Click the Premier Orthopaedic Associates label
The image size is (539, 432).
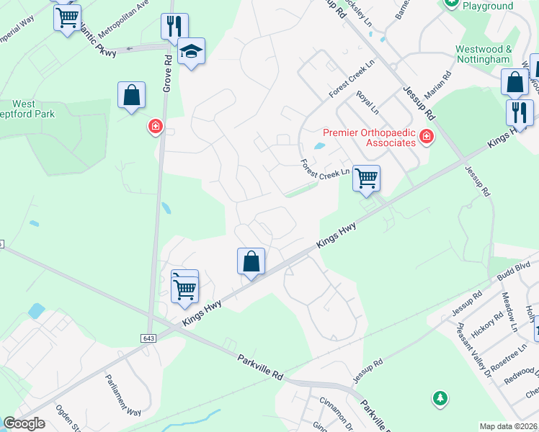[369, 137]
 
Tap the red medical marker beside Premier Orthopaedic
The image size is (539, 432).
[426, 135]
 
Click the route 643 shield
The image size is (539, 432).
[149, 338]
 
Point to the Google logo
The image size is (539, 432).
[24, 423]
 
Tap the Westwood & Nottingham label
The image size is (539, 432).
[484, 55]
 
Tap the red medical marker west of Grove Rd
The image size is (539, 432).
[155, 127]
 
